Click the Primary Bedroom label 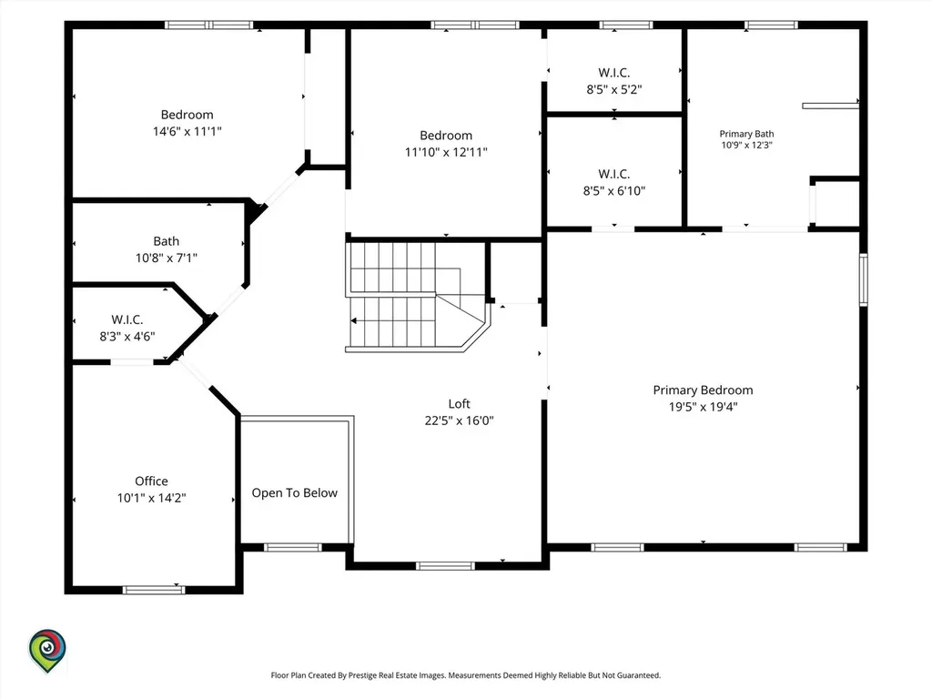pos(703,390)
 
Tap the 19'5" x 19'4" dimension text pos(703,407)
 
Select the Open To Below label pos(294,493)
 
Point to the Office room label pos(151,481)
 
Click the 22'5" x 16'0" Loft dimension pos(459,420)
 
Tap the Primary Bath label pos(746,134)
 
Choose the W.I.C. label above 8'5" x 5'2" pos(614,73)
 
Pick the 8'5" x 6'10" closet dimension pos(614,191)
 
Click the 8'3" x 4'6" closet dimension pos(127,337)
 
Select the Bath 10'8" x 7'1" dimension pos(167,258)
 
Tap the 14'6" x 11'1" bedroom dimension pos(187,131)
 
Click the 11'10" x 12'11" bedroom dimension pos(446,152)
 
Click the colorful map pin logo pos(47,651)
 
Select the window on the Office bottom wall pos(154,590)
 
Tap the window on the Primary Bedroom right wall pos(864,279)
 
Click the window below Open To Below pos(293,547)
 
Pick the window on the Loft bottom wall pos(445,566)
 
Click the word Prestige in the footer pos(363,675)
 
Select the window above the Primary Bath pos(771,25)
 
